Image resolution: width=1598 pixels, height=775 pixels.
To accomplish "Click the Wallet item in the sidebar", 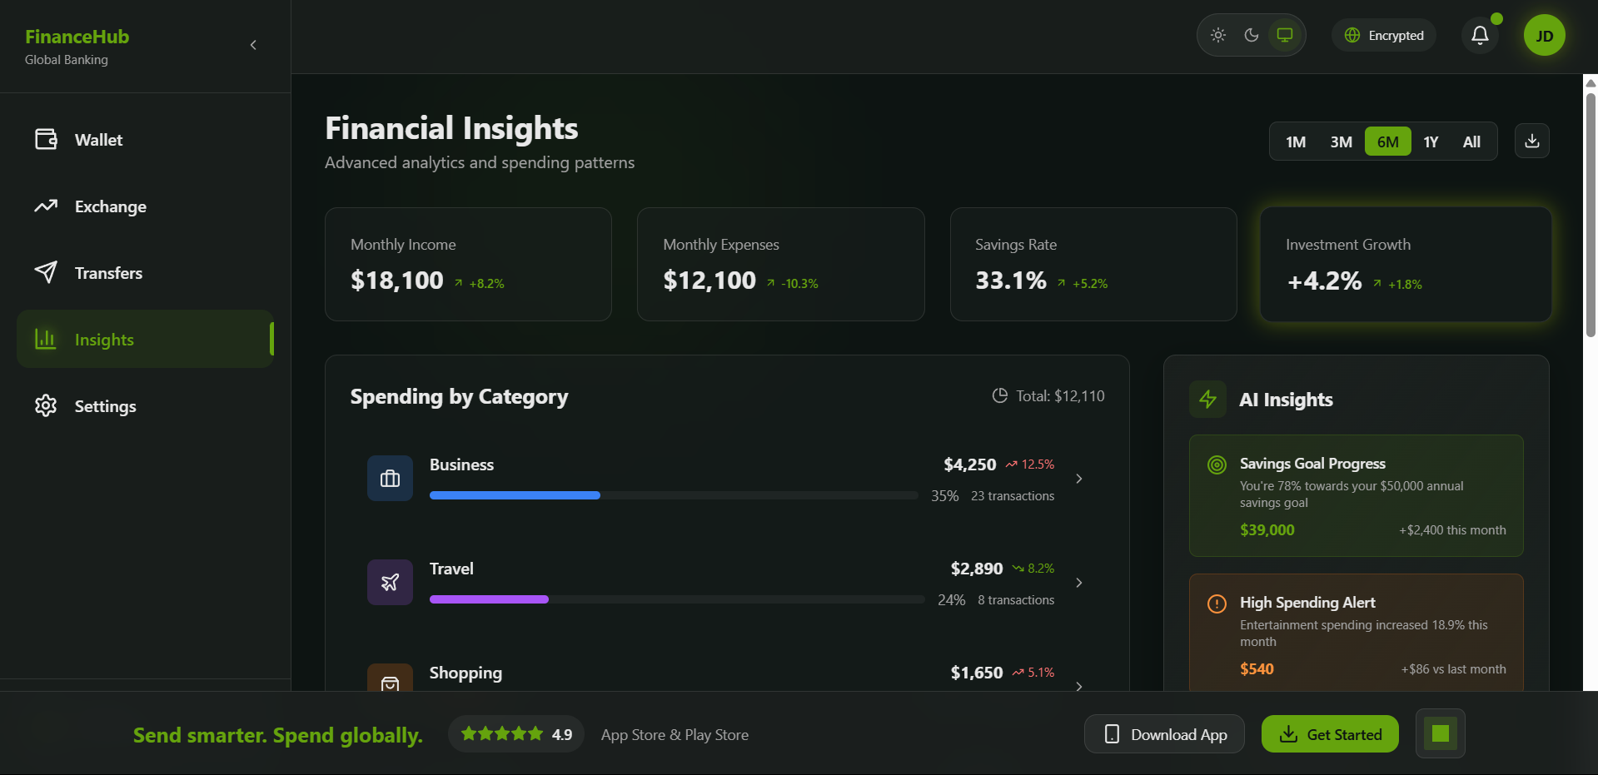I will click(x=98, y=140).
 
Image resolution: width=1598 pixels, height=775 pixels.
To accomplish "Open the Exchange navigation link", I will click(x=110, y=206).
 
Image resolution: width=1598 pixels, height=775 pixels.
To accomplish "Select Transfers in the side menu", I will click(x=108, y=273).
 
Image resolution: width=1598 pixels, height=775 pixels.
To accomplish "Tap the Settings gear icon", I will click(x=46, y=405).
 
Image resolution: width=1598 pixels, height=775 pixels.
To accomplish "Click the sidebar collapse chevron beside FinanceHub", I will click(x=253, y=45).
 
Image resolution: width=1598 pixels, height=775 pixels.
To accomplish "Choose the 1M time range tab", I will click(x=1295, y=142).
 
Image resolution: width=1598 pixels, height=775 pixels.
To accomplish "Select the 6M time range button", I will click(x=1387, y=142).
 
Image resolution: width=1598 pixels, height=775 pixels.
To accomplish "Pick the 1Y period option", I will click(x=1431, y=142).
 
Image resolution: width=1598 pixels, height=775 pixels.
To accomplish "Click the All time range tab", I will click(x=1471, y=142).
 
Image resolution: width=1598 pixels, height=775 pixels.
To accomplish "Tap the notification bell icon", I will click(x=1480, y=36).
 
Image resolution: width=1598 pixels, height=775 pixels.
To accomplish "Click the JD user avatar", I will click(x=1544, y=36).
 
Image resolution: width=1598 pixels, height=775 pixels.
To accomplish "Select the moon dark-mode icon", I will click(x=1251, y=35).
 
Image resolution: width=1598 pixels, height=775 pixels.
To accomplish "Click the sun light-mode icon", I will click(x=1217, y=35).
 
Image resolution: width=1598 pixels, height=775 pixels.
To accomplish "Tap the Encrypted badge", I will click(x=1383, y=35).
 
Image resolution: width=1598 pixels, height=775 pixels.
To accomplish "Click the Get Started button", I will click(x=1329, y=734).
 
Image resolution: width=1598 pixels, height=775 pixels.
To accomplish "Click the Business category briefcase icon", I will click(x=390, y=479).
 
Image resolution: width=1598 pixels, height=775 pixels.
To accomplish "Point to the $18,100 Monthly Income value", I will click(x=397, y=281).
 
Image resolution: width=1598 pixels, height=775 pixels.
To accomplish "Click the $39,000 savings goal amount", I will click(x=1267, y=530).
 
